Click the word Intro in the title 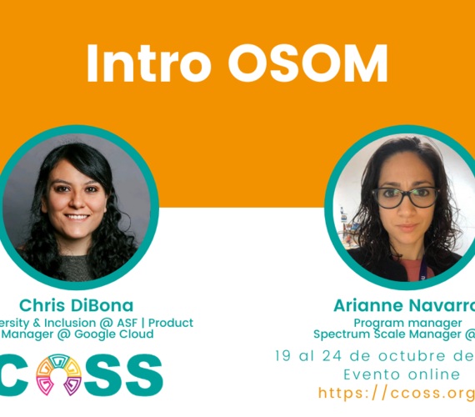coord(136,63)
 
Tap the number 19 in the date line coord(285,356)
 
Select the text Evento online coord(391,374)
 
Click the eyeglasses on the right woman coord(406,198)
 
